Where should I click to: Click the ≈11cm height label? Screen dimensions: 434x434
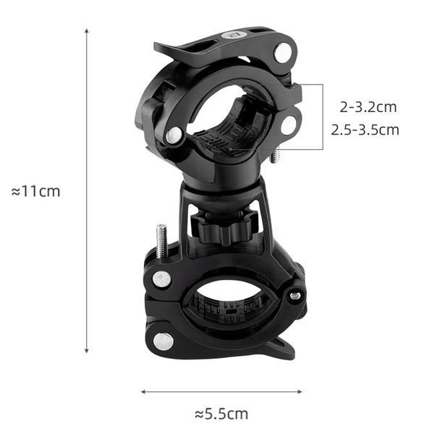35,191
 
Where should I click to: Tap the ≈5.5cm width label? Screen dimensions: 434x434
221,414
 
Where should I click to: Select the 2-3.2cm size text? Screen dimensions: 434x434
368,107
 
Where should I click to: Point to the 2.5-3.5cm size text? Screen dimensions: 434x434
365,129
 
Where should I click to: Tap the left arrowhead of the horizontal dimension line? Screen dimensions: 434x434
142,391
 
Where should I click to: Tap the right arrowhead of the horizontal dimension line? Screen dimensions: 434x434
300,391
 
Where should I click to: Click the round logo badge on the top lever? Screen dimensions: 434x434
234,35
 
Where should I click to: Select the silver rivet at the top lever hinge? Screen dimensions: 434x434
283,53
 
